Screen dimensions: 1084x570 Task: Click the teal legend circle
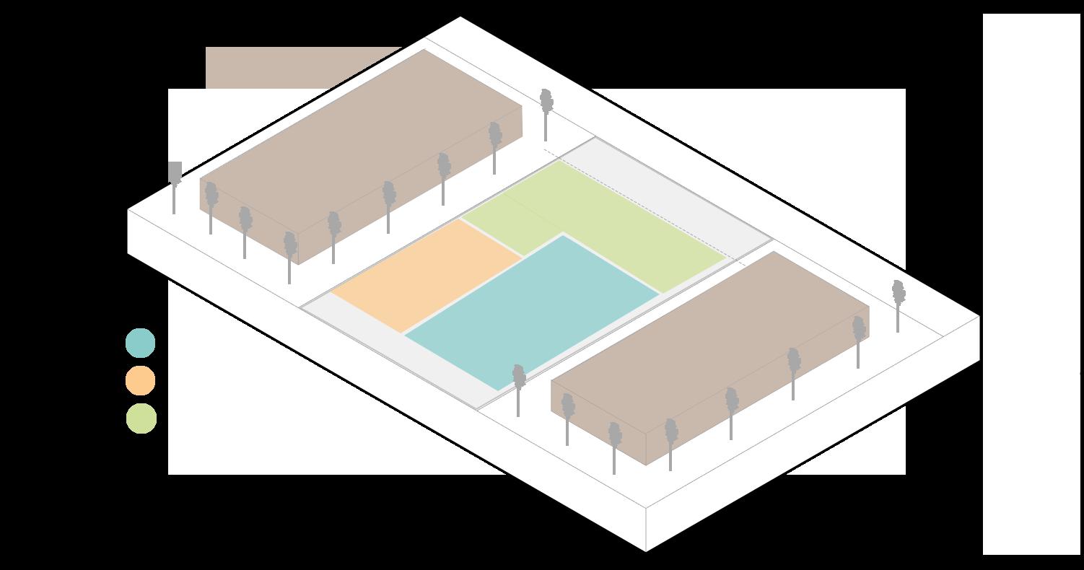(x=140, y=343)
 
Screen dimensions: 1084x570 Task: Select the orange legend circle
(x=140, y=380)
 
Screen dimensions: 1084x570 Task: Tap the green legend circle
(x=141, y=418)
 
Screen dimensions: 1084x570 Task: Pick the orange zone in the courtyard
(x=426, y=274)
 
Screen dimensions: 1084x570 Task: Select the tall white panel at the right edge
(x=1031, y=281)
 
